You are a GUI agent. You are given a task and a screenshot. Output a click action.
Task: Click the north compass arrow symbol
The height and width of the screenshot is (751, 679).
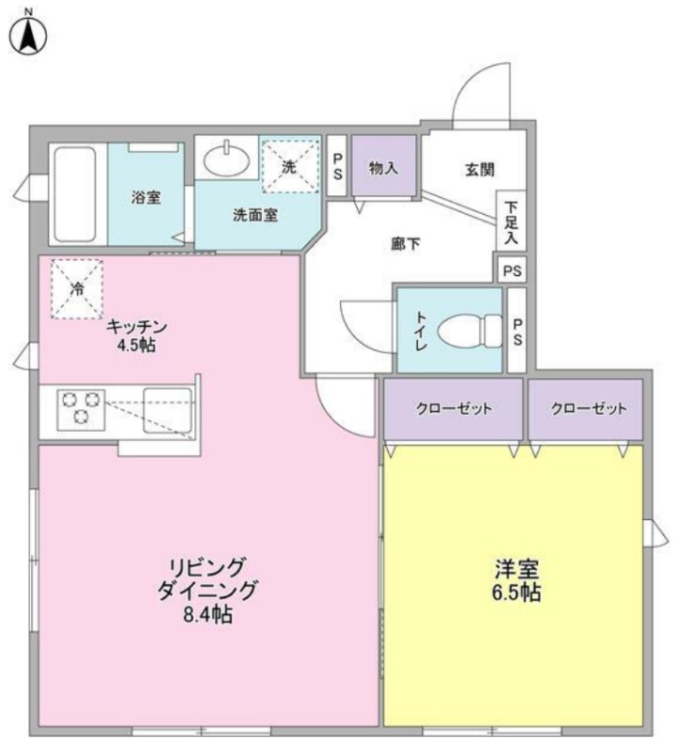(29, 35)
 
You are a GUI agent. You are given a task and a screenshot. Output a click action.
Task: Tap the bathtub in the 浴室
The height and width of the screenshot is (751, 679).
(75, 193)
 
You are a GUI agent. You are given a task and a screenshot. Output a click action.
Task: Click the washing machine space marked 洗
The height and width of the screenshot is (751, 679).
(291, 166)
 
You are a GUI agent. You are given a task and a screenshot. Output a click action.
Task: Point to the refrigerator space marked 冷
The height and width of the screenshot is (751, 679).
(77, 289)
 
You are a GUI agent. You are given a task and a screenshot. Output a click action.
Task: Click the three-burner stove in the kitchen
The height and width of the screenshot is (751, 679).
(81, 409)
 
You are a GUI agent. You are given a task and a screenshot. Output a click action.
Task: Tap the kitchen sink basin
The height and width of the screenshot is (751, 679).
(167, 410)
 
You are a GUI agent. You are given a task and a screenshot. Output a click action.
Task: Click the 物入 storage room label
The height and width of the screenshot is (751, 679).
(383, 168)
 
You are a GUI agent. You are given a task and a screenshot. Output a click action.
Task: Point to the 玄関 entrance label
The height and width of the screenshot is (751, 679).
(480, 170)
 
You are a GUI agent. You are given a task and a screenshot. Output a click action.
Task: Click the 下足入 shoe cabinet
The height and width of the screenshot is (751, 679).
(511, 221)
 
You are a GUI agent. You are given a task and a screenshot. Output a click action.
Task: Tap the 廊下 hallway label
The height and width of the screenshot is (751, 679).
(406, 244)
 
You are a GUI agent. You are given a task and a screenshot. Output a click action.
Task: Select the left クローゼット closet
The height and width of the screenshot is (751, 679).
(454, 408)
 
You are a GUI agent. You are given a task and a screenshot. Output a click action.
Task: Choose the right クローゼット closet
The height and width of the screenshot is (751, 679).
(586, 408)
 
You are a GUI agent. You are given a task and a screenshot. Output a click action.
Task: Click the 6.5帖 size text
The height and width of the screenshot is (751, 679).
(517, 593)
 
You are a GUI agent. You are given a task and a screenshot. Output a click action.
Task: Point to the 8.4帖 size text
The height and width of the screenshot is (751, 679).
(208, 614)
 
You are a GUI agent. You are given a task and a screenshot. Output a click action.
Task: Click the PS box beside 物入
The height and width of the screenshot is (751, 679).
(337, 166)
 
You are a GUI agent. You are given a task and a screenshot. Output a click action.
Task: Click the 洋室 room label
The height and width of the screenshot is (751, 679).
(517, 570)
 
